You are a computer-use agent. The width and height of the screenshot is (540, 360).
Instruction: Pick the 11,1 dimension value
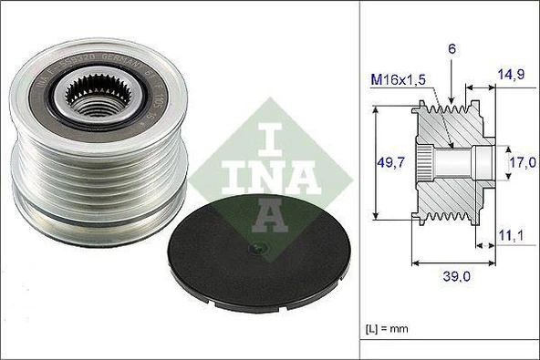(x=510, y=237)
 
